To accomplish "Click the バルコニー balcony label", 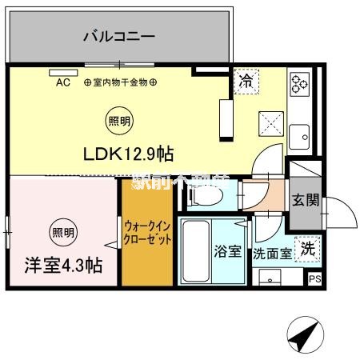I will pyautogui.click(x=118, y=36).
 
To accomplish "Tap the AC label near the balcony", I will pyautogui.click(x=63, y=82).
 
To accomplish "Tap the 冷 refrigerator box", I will pyautogui.click(x=246, y=80).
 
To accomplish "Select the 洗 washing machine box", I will pyautogui.click(x=306, y=248).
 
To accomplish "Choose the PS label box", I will pyautogui.click(x=315, y=278).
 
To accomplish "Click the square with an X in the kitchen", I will pyautogui.click(x=270, y=125).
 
